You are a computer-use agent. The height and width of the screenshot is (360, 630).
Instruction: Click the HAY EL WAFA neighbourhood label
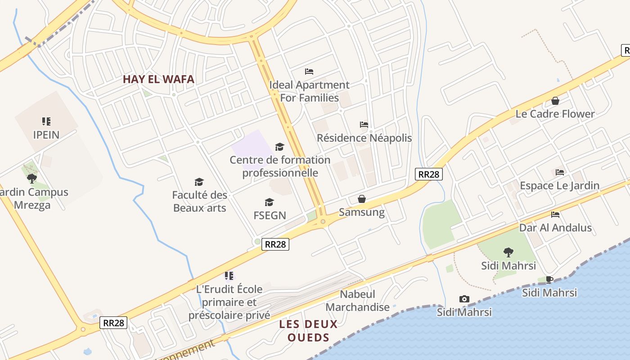tap(158, 80)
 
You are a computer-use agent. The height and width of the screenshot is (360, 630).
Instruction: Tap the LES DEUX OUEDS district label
tap(308, 331)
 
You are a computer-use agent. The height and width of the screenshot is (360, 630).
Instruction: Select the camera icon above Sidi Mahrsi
tap(464, 299)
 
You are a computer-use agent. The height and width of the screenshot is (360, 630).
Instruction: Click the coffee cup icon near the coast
tap(549, 279)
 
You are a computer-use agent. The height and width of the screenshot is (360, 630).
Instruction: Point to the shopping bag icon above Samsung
tap(362, 199)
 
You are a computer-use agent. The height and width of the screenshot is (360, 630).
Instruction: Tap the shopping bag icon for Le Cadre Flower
tap(555, 101)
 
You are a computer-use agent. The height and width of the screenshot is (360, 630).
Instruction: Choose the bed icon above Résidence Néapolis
tap(364, 124)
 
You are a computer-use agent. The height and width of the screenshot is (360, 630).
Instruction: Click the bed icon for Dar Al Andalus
tap(555, 215)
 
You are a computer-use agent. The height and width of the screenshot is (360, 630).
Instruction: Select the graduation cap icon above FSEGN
tap(270, 202)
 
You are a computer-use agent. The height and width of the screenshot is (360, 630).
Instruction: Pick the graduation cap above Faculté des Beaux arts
tap(199, 182)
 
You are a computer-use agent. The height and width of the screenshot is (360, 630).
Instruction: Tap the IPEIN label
tap(46, 135)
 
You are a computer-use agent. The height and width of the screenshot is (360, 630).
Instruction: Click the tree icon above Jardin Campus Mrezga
tap(31, 179)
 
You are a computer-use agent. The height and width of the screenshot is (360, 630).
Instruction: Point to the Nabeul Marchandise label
tap(358, 301)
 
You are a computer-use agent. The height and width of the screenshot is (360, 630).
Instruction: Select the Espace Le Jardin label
tap(559, 185)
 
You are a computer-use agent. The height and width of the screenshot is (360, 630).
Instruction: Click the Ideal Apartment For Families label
tap(309, 91)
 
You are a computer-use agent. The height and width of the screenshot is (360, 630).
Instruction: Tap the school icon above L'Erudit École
tap(229, 275)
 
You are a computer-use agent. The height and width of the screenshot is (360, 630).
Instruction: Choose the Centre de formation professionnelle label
tap(280, 166)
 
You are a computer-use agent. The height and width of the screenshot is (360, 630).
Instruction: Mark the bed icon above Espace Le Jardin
tap(560, 172)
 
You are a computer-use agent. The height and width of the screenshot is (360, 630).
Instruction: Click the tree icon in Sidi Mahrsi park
tap(508, 252)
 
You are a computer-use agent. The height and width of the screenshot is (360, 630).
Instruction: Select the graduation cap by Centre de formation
tap(280, 147)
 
